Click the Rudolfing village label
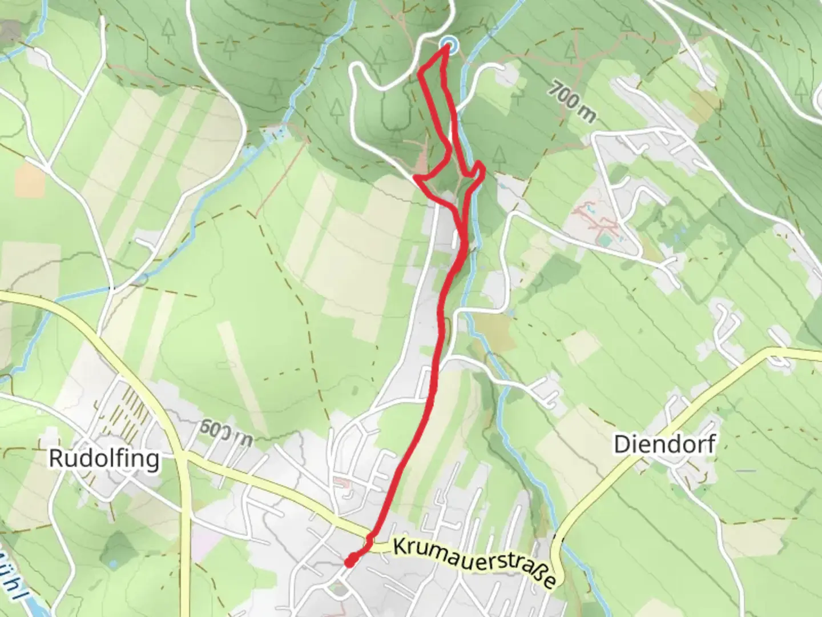[104, 458]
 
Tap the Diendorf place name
[664, 444]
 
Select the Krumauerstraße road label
[474, 562]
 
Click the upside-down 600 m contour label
[227, 432]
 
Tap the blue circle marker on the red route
[449, 45]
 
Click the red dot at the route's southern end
[349, 562]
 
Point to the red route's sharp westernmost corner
[415, 178]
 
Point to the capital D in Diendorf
[622, 444]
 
